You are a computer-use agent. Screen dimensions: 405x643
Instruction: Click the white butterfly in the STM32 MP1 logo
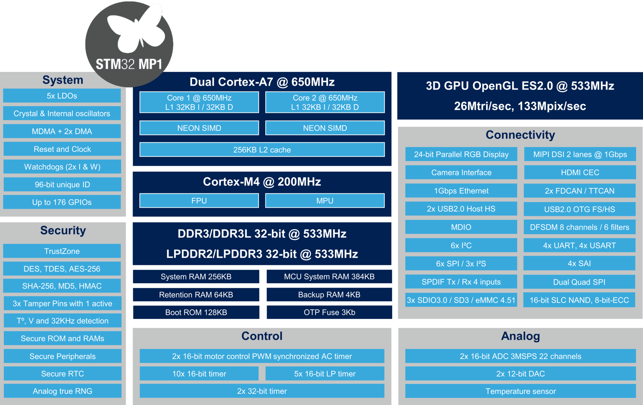135,30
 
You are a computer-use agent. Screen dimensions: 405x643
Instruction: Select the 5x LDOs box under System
62,96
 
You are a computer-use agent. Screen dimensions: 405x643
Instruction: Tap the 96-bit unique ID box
62,185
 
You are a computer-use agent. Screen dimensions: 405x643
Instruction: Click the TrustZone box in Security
62,251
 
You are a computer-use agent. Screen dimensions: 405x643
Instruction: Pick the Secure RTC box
62,374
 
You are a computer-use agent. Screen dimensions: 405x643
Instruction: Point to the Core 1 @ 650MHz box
199,102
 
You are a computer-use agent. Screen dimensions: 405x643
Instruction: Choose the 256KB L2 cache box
262,150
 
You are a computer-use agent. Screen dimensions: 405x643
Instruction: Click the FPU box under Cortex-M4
199,201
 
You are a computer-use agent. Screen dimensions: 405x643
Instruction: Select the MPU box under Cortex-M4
325,201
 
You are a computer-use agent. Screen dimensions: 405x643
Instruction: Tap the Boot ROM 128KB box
196,312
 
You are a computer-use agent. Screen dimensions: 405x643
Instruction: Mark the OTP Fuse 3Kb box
329,312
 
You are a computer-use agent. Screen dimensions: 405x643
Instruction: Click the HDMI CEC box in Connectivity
580,172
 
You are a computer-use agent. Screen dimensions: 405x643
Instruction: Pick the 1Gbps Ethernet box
461,191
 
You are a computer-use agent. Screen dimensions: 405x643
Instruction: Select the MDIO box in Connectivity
461,227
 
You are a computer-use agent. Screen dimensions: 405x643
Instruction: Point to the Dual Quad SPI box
579,282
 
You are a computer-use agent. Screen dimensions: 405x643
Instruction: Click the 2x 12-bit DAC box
520,374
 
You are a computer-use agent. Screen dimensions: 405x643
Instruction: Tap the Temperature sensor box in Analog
520,391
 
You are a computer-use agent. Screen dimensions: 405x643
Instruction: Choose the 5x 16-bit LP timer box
325,374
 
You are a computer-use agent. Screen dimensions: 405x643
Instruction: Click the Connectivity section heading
520,135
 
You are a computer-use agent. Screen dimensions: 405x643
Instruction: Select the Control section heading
261,336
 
